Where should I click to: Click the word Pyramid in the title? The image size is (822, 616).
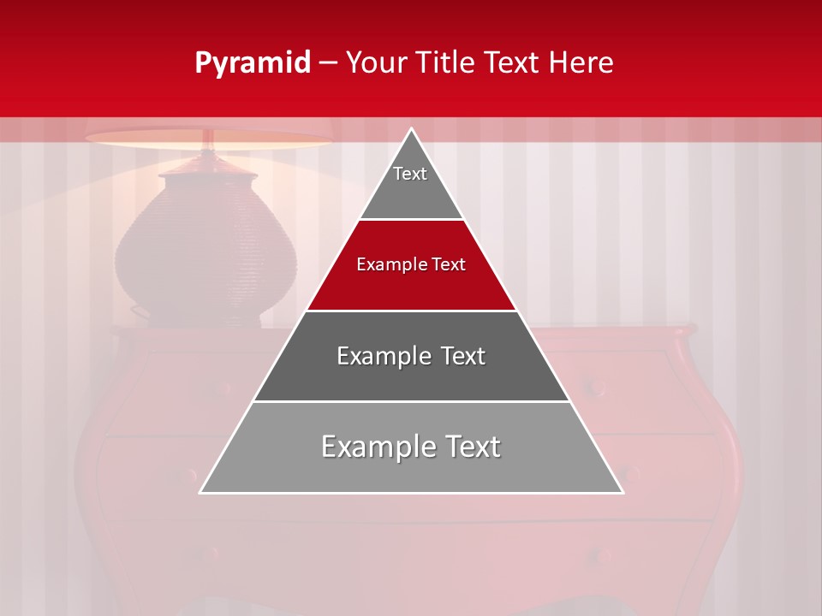[252, 63]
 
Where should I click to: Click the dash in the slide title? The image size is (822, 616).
[327, 63]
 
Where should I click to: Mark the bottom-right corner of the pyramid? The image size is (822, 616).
[622, 492]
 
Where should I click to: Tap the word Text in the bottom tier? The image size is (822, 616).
[468, 447]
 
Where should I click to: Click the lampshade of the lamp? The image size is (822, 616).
[208, 138]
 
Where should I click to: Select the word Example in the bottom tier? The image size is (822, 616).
[372, 447]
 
